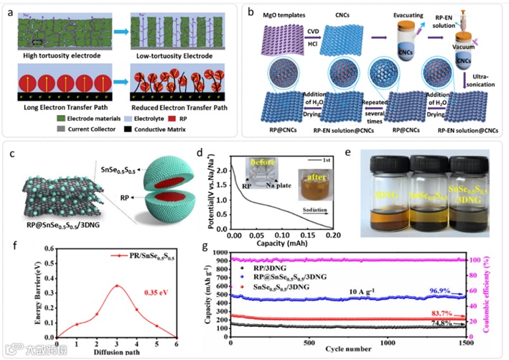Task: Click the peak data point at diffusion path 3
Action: point(116,286)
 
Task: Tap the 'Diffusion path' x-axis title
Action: point(107,352)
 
